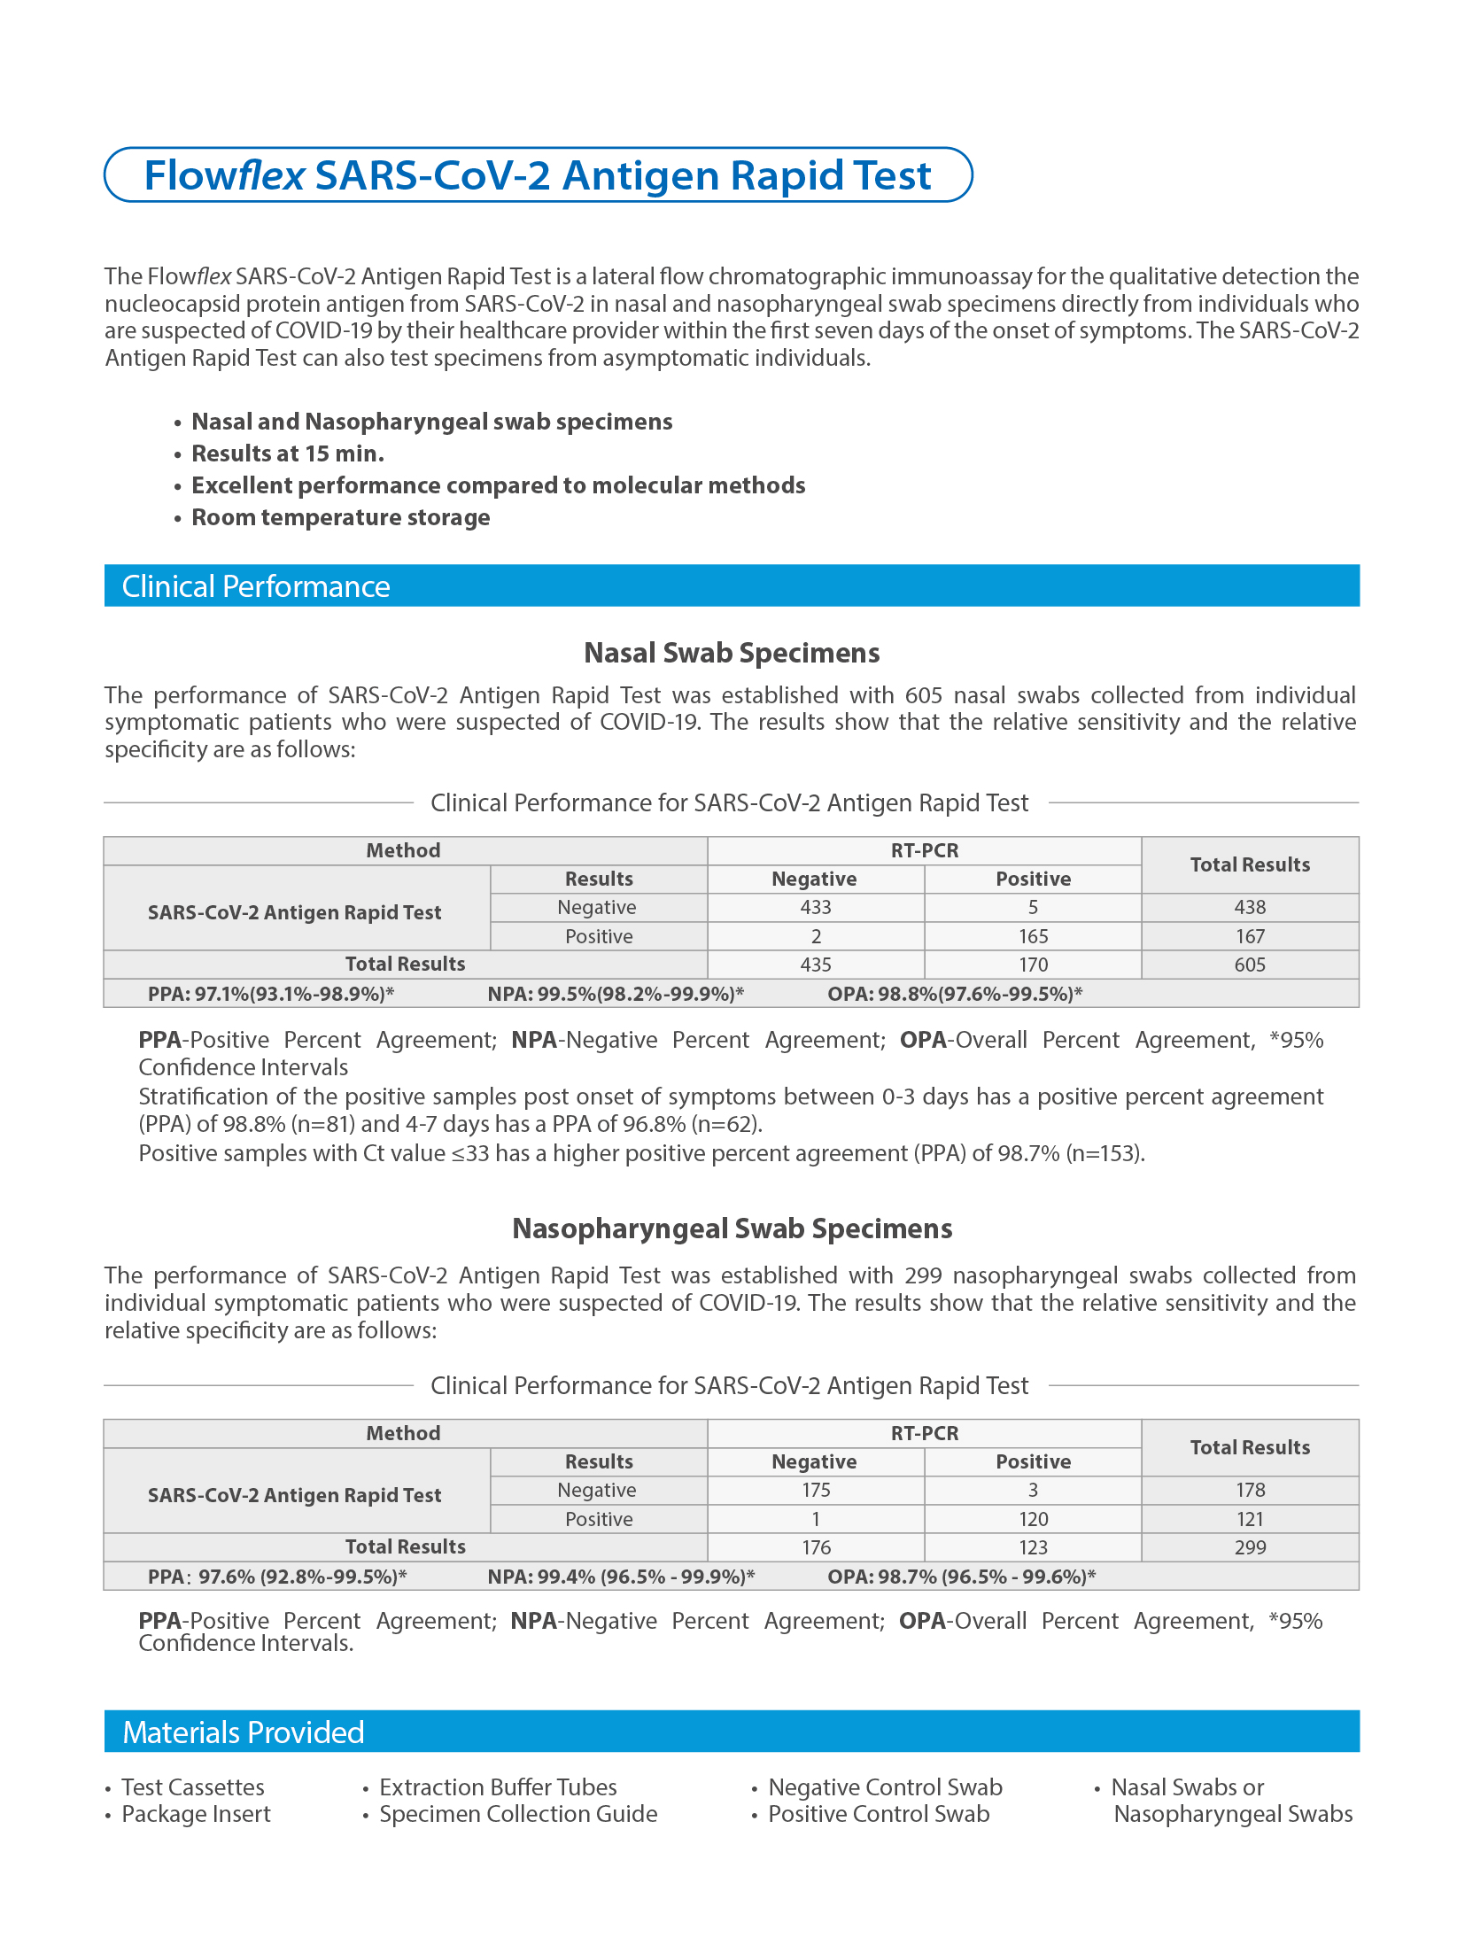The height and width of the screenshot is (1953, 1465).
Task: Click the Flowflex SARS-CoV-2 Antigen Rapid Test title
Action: click(538, 175)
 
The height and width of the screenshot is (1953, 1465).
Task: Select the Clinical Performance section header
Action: click(256, 586)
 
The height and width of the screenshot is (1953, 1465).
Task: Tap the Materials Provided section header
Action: click(244, 1732)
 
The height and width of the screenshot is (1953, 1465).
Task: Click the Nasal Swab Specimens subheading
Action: click(732, 653)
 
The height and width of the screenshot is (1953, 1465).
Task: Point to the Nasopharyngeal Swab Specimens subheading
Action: click(732, 1228)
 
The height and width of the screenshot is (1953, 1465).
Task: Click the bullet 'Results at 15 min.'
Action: click(288, 453)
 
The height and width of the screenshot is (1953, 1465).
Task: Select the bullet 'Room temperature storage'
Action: click(340, 517)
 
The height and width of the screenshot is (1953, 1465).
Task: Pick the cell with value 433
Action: click(816, 907)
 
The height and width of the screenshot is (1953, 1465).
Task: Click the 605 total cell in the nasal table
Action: click(1250, 965)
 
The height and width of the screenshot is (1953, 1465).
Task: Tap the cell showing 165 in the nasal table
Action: click(1033, 936)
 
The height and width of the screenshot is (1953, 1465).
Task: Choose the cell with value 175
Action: click(816, 1490)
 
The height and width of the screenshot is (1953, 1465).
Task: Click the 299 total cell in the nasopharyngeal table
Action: click(1250, 1547)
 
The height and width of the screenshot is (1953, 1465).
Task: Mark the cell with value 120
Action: click(1033, 1519)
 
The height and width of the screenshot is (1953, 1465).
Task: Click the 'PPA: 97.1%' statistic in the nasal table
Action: click(270, 994)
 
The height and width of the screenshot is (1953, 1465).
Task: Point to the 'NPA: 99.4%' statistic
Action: click(621, 1577)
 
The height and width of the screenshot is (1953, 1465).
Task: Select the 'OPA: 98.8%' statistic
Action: click(955, 994)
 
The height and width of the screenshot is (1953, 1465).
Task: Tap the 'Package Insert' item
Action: click(196, 1814)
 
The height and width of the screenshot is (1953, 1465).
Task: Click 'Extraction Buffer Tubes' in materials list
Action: click(498, 1787)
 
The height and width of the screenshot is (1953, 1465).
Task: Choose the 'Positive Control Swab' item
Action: click(879, 1814)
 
